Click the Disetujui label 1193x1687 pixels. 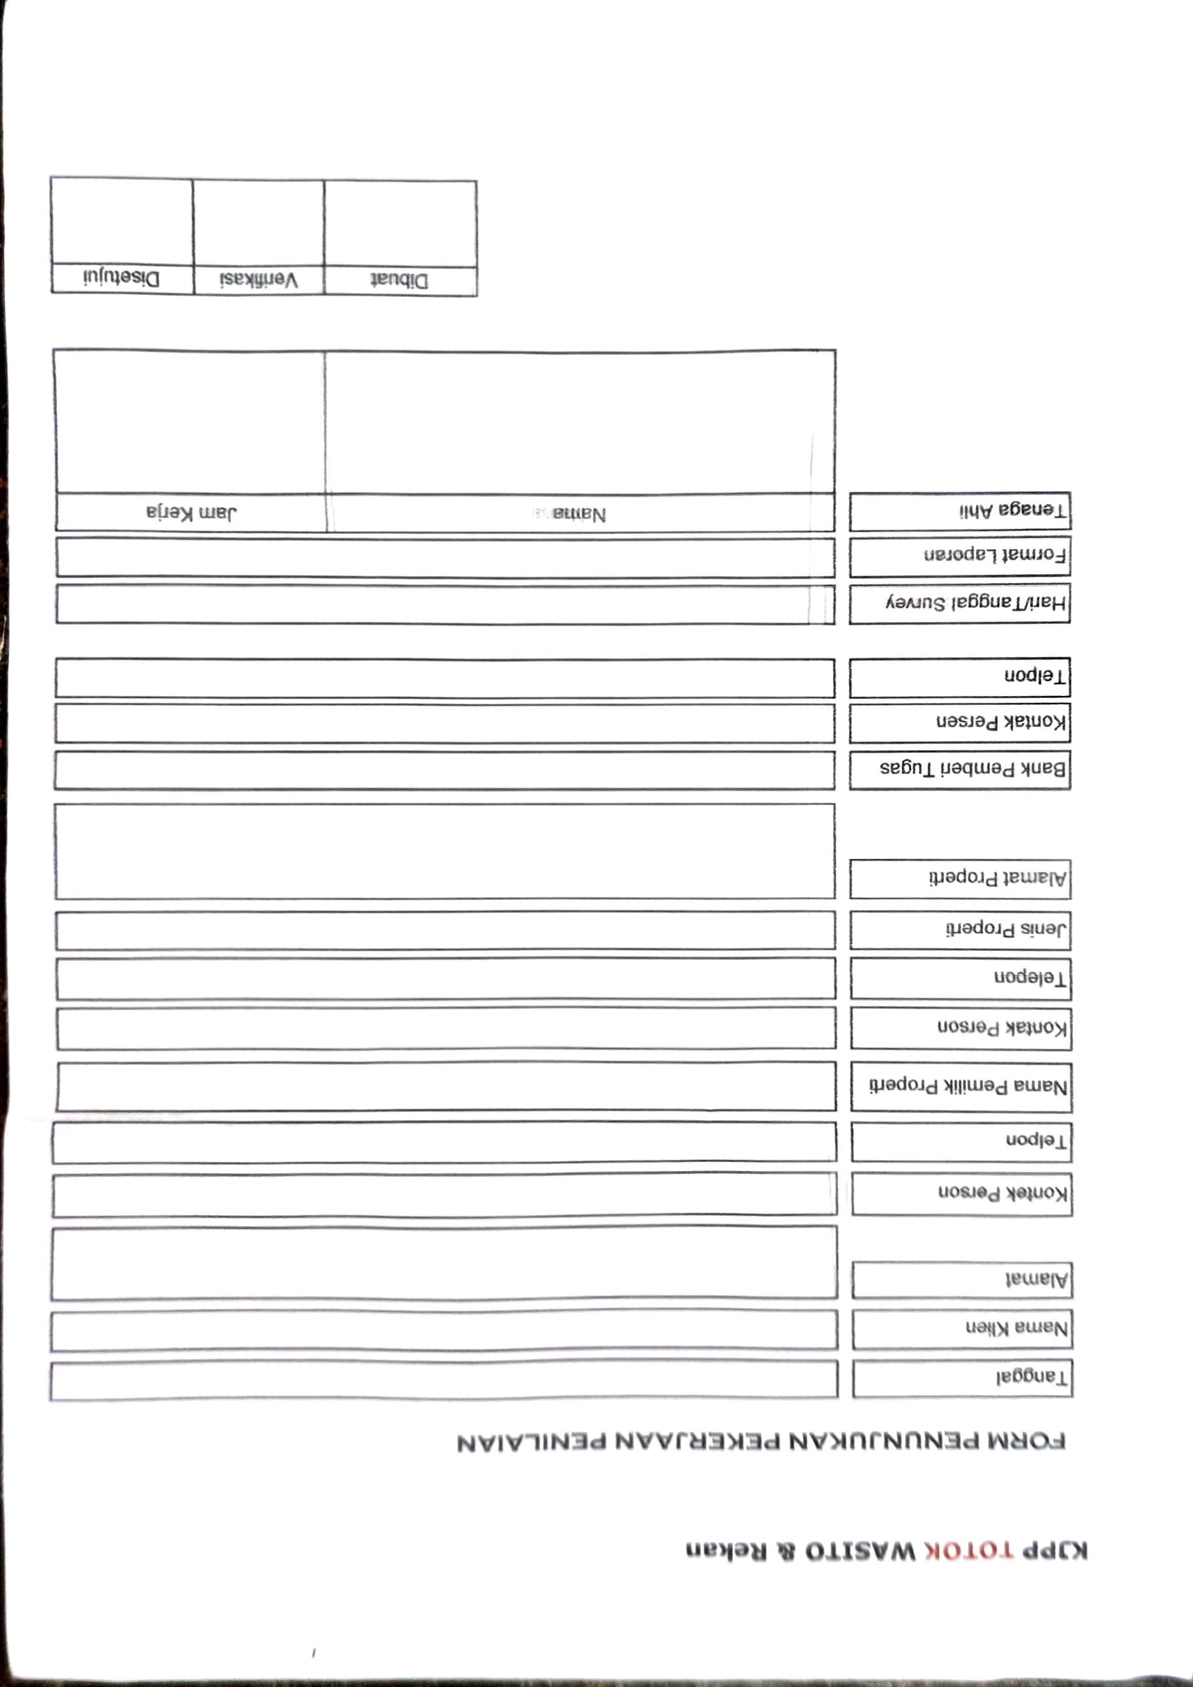click(x=121, y=279)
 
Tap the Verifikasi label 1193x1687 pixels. click(x=258, y=280)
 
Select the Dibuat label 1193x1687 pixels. click(x=400, y=282)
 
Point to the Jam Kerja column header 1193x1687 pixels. click(x=191, y=512)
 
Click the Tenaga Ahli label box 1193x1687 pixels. click(x=959, y=511)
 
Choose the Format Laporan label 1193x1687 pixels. click(x=959, y=556)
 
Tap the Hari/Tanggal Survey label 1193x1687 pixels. click(x=959, y=603)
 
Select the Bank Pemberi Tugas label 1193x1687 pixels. click(x=959, y=769)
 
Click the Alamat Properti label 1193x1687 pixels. click(x=960, y=879)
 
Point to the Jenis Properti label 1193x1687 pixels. click(x=960, y=930)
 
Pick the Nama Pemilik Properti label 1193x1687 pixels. click(x=961, y=1087)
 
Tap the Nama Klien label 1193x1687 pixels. click(x=963, y=1329)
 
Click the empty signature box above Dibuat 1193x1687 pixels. click(x=400, y=224)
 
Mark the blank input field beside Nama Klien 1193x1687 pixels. click(x=444, y=1331)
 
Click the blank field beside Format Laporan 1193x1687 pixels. click(x=444, y=557)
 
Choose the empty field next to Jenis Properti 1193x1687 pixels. click(x=445, y=930)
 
